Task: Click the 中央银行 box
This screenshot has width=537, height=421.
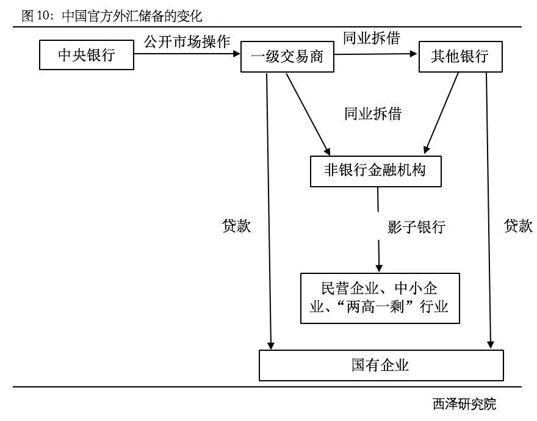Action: [x=86, y=56]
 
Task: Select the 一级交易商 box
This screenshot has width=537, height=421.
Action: [x=286, y=57]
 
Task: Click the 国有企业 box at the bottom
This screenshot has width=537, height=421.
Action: [x=381, y=365]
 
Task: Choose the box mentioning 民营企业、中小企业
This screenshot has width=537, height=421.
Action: [x=380, y=297]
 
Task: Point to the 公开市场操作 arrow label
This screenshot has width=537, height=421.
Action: [x=187, y=41]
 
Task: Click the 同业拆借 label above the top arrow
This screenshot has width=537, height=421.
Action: [x=371, y=38]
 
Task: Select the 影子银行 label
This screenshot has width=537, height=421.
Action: [x=416, y=228]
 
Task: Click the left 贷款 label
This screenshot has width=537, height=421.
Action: [x=236, y=226]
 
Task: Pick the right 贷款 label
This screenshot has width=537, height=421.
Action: [x=518, y=226]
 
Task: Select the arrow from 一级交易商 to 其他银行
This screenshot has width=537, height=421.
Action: [x=374, y=54]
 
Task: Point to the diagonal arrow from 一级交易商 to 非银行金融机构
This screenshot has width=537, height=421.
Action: [x=308, y=112]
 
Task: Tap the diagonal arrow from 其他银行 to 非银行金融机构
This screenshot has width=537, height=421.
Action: [x=442, y=112]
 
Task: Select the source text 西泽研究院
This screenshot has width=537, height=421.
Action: [x=464, y=404]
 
